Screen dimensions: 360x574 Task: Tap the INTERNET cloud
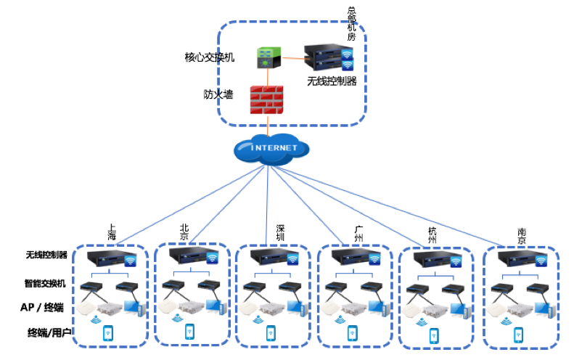(271, 148)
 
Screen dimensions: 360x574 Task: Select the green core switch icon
(266, 58)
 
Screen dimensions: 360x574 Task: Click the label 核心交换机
(210, 57)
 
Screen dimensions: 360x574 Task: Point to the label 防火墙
(218, 94)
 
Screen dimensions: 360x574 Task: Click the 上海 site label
(112, 232)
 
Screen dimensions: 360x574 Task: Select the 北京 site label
(184, 232)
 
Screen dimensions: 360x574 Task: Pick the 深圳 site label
(281, 232)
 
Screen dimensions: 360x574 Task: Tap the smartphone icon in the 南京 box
(519, 334)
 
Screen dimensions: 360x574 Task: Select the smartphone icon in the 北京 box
(190, 330)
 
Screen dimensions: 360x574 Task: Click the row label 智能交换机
(46, 283)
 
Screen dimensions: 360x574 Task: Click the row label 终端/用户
(46, 333)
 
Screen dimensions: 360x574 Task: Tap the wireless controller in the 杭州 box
(437, 260)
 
